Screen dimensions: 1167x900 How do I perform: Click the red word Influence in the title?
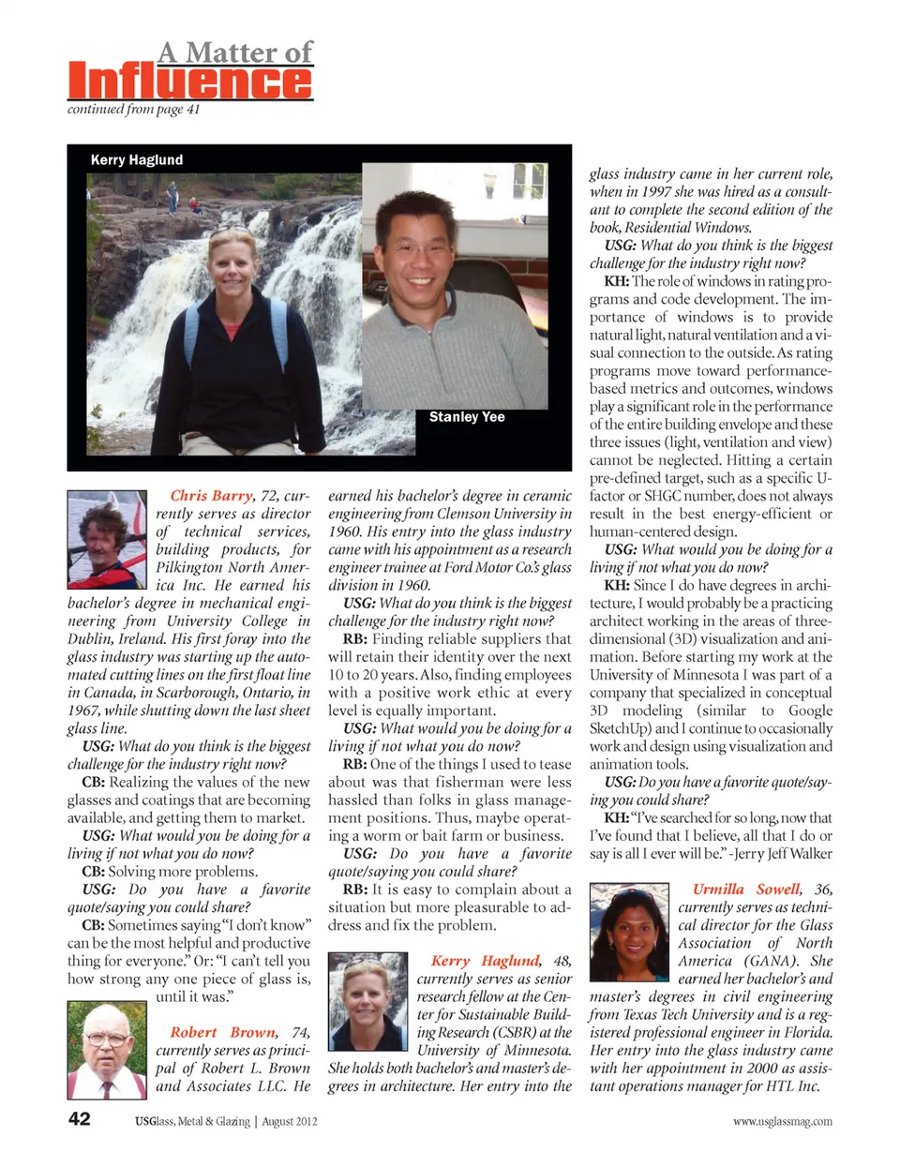pos(190,82)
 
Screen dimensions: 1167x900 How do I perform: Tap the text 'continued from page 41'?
pos(133,110)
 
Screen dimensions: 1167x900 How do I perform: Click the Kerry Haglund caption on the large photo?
pos(137,160)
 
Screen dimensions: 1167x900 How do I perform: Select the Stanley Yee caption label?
pos(467,417)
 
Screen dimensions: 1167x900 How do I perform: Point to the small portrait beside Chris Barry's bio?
pos(106,540)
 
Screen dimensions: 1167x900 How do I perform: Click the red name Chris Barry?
pos(211,496)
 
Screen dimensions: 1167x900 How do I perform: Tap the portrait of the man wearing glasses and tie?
pos(106,1050)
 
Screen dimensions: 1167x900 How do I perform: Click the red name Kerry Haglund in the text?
pos(485,961)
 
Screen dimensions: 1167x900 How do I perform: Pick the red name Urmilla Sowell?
pos(746,890)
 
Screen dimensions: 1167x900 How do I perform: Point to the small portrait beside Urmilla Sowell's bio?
pos(628,934)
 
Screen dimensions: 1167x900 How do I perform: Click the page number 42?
pos(80,1119)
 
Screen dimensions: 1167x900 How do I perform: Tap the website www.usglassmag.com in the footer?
pos(783,1121)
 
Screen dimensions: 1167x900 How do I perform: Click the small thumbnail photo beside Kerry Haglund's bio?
pos(367,1002)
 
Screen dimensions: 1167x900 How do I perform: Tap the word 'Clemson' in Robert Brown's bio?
pos(483,514)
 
